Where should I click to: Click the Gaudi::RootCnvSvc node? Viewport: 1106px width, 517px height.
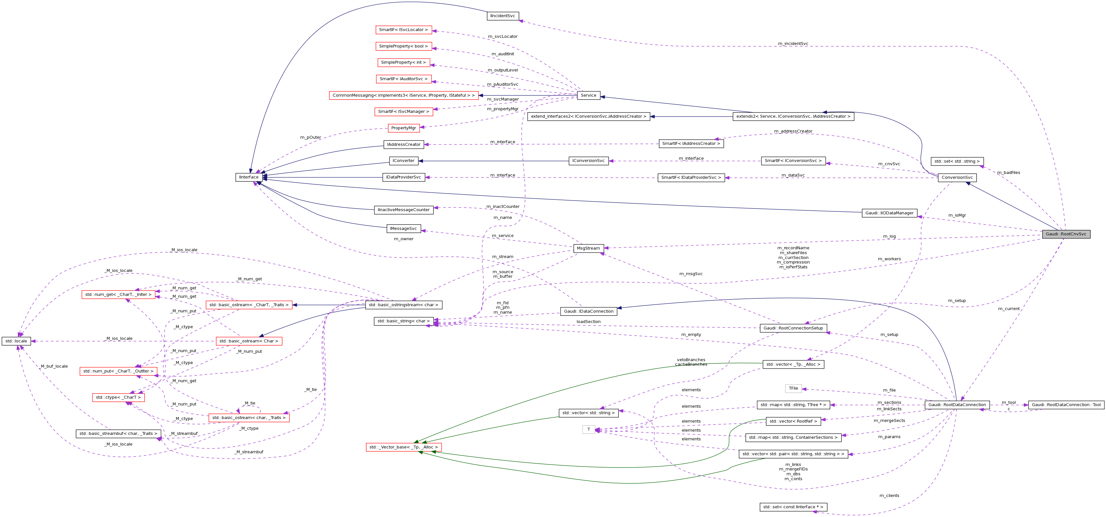click(x=1066, y=234)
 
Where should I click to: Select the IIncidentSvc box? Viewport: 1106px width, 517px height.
click(x=502, y=16)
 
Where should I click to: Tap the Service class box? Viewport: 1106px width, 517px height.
click(x=588, y=95)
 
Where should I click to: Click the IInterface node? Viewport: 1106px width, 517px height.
click(x=249, y=177)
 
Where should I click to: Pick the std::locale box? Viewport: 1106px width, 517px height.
click(x=16, y=341)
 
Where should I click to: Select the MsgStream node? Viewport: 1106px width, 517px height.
click(x=588, y=248)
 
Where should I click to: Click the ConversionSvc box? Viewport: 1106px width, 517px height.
click(x=957, y=177)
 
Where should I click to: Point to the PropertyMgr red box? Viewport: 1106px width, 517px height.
click(x=403, y=128)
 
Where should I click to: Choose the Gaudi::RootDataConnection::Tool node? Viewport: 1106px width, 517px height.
click(x=1066, y=404)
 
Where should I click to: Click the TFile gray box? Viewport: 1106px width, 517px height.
click(x=793, y=388)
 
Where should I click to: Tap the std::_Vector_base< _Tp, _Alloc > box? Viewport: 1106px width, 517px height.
click(x=403, y=447)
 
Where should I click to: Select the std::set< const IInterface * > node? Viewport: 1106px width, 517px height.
click(x=793, y=507)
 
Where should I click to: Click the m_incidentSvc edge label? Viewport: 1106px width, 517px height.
click(x=793, y=43)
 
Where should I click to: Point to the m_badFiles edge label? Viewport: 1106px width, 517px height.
click(x=1009, y=173)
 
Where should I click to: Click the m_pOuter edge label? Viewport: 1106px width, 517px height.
click(x=310, y=137)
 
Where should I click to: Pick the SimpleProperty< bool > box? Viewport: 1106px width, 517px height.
click(x=403, y=46)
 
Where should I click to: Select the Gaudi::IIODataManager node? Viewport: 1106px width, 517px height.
click(x=889, y=213)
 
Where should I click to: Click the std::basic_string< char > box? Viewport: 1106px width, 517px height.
click(x=403, y=321)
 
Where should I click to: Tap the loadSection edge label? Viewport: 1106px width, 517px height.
click(x=588, y=322)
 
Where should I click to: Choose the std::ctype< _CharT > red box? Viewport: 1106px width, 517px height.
click(x=118, y=397)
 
